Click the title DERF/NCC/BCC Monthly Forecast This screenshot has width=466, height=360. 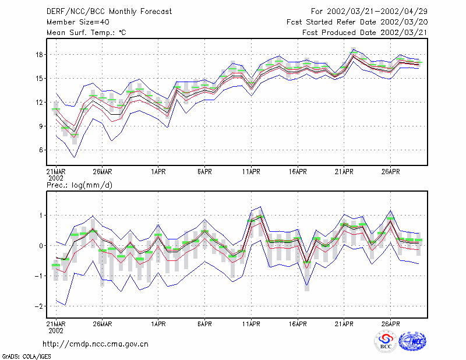[109, 12]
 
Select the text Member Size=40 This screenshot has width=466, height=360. [78, 22]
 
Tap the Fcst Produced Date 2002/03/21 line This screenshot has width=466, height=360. [365, 33]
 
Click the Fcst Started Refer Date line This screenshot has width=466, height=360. [357, 22]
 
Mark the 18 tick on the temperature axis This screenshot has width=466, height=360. [39, 55]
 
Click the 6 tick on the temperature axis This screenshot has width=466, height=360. [41, 150]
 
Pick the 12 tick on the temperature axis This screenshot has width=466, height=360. [39, 103]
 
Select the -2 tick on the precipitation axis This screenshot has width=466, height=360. [38, 306]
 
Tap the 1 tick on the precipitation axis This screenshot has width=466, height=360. [41, 215]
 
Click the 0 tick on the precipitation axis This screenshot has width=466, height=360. [41, 246]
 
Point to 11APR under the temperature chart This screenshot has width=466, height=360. [251, 172]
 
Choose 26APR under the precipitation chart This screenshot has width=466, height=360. [390, 324]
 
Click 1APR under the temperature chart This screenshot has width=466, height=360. [158, 172]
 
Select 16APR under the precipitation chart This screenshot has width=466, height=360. [298, 324]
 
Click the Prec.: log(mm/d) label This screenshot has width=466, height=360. [79, 185]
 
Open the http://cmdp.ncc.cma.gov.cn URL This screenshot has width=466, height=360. [96, 344]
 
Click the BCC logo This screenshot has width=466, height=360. [386, 342]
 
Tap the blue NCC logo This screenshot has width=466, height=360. [412, 341]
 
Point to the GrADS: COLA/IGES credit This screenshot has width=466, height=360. [26, 357]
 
